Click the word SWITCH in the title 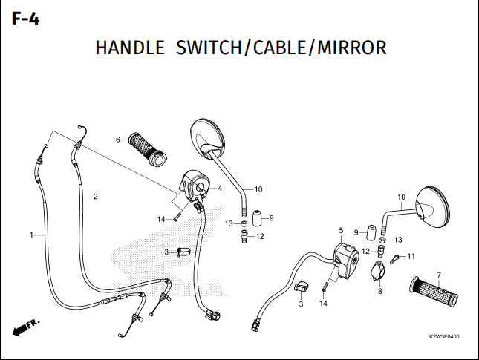[209, 48]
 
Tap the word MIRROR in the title [352, 48]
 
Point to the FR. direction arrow [26, 327]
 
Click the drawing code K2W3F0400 [444, 337]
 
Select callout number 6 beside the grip [118, 140]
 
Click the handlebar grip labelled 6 [148, 150]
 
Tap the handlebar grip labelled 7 [434, 292]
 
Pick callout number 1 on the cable [31, 235]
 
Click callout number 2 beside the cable [95, 197]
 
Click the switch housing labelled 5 [346, 260]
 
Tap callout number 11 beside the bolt [411, 256]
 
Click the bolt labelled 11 [394, 259]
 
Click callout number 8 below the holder [379, 291]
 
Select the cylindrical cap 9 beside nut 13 [257, 218]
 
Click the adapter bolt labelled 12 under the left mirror [244, 236]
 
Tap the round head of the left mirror [207, 138]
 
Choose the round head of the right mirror [432, 206]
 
